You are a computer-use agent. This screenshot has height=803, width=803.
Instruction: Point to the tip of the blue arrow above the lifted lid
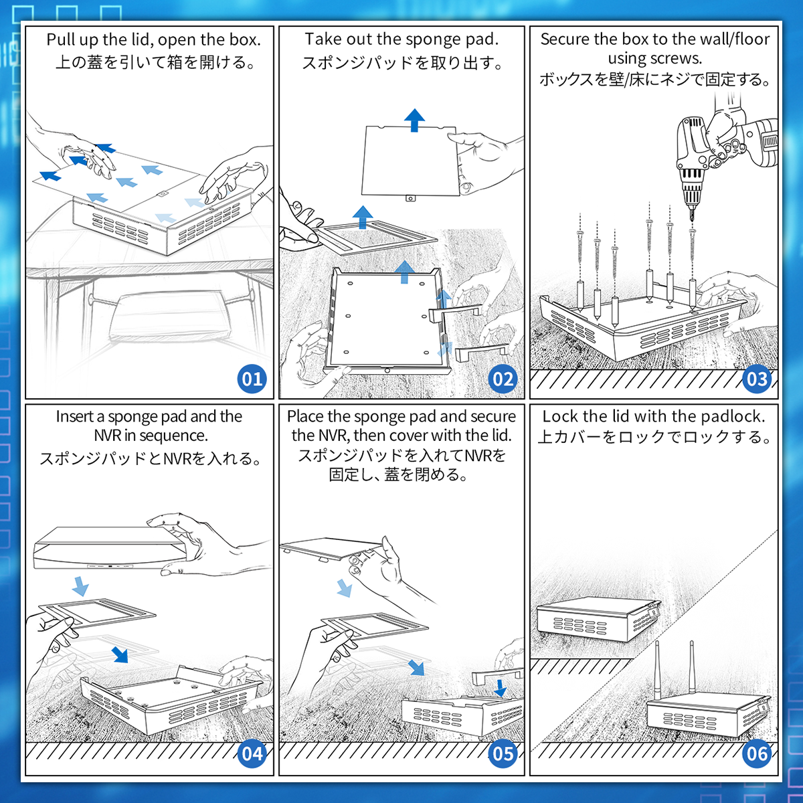[414, 109]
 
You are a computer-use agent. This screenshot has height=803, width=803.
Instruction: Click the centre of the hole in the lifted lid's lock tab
[410, 198]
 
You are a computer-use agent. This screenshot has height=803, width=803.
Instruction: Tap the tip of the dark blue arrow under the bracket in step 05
[500, 697]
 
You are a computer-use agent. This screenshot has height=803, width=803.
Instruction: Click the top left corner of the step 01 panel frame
[26, 26]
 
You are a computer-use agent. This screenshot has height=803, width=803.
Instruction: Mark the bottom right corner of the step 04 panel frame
[274, 775]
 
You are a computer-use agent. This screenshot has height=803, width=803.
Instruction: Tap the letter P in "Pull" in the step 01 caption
[50, 40]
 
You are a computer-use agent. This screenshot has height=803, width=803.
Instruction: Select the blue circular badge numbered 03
[757, 379]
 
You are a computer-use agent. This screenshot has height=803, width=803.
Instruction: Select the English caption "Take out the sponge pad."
[401, 39]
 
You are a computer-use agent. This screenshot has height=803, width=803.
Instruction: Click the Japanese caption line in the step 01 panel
[155, 62]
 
